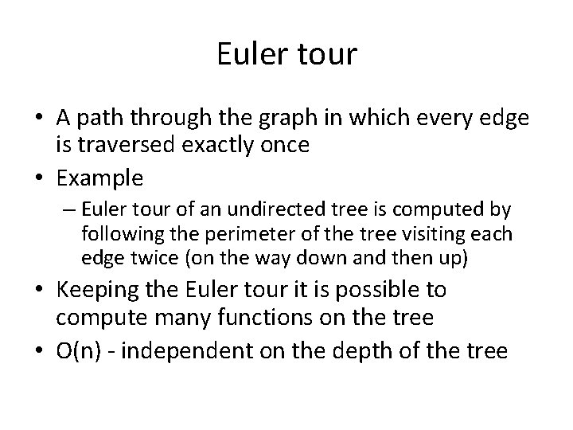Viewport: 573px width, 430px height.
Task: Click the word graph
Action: tap(294, 118)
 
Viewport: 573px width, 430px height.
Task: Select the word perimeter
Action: tap(231, 236)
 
